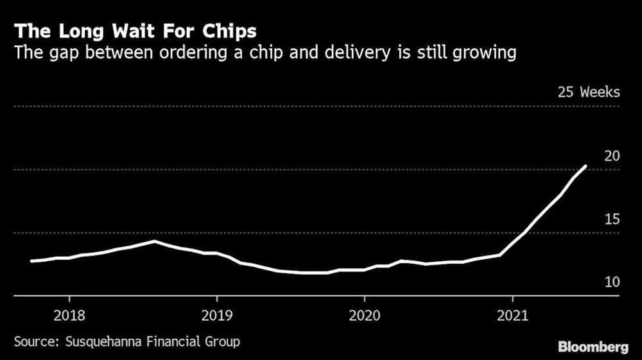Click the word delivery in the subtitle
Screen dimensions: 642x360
pyautogui.click(x=358, y=53)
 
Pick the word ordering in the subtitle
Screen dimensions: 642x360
pyautogui.click(x=193, y=53)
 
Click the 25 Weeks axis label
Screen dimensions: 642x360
pyautogui.click(x=589, y=92)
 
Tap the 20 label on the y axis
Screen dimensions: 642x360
pyautogui.click(x=612, y=156)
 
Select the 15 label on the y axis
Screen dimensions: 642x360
pyautogui.click(x=612, y=219)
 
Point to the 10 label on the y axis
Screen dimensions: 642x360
pyautogui.click(x=612, y=282)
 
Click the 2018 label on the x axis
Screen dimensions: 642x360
pyautogui.click(x=69, y=316)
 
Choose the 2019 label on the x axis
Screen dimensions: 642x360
pyautogui.click(x=217, y=316)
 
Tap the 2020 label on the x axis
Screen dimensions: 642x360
pyautogui.click(x=365, y=316)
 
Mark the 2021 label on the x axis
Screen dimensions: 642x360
pyautogui.click(x=512, y=316)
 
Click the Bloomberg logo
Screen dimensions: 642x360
pyautogui.click(x=593, y=347)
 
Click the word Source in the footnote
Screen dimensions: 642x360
pyautogui.click(x=37, y=341)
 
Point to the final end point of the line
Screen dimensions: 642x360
pyautogui.click(x=586, y=166)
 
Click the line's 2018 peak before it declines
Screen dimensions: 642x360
pyautogui.click(x=154, y=241)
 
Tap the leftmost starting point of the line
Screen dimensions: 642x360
pyautogui.click(x=31, y=261)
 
